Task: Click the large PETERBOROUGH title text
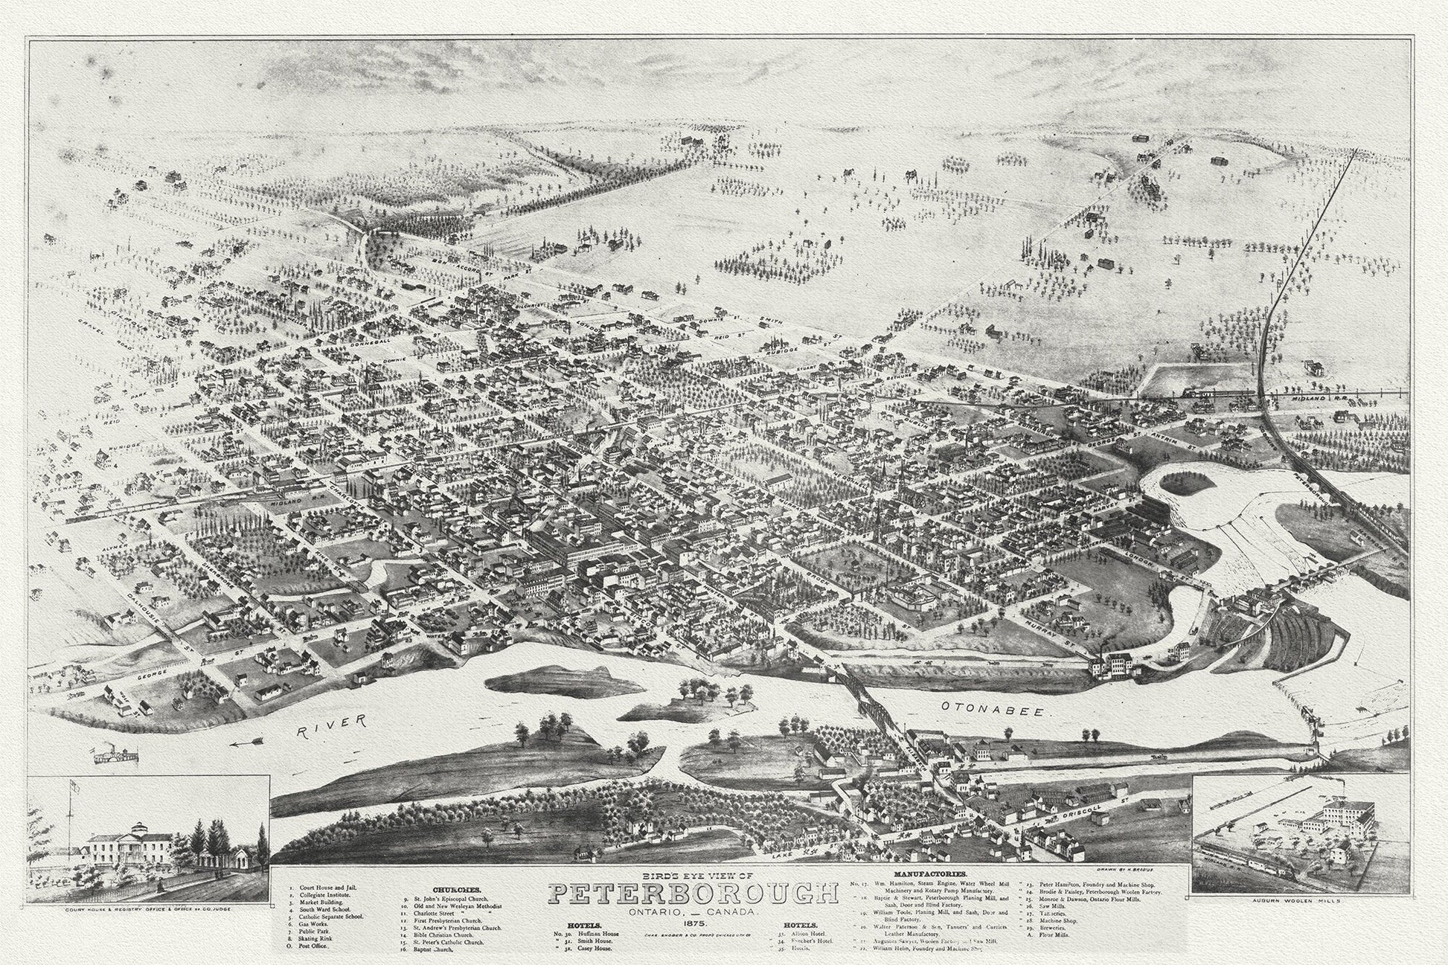[688, 894]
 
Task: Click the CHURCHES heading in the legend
[456, 889]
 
